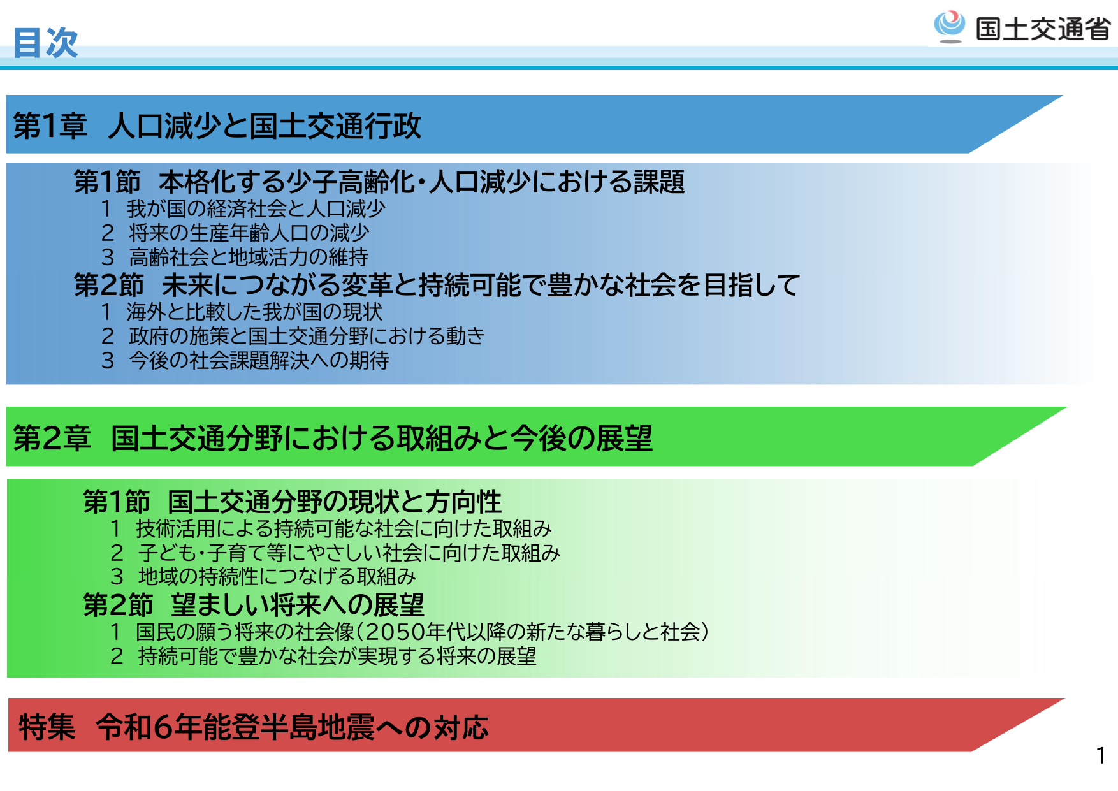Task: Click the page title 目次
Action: click(x=45, y=43)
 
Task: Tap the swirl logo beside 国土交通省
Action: click(x=949, y=26)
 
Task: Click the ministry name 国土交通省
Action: click(x=1043, y=29)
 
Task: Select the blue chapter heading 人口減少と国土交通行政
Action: click(x=265, y=126)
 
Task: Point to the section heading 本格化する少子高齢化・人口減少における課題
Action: click(x=421, y=182)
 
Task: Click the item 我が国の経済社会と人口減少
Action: click(x=255, y=208)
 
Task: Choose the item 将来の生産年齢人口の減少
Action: click(x=249, y=233)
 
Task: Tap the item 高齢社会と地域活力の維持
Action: click(x=248, y=257)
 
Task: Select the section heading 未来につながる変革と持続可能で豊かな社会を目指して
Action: click(x=481, y=285)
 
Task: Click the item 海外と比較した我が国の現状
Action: click(x=254, y=312)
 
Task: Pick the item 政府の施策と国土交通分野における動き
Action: click(x=306, y=336)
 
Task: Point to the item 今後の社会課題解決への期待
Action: click(x=258, y=360)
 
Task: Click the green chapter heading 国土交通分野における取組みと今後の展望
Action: click(x=381, y=439)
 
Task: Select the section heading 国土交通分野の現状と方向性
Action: click(x=334, y=502)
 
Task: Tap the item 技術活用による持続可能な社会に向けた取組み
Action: click(x=343, y=528)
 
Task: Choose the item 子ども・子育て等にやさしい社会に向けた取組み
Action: click(x=349, y=553)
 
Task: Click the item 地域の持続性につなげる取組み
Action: click(x=277, y=576)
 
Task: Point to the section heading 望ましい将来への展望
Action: click(x=297, y=605)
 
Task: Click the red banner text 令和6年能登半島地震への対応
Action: click(x=292, y=727)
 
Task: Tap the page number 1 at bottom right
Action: click(x=1100, y=756)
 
